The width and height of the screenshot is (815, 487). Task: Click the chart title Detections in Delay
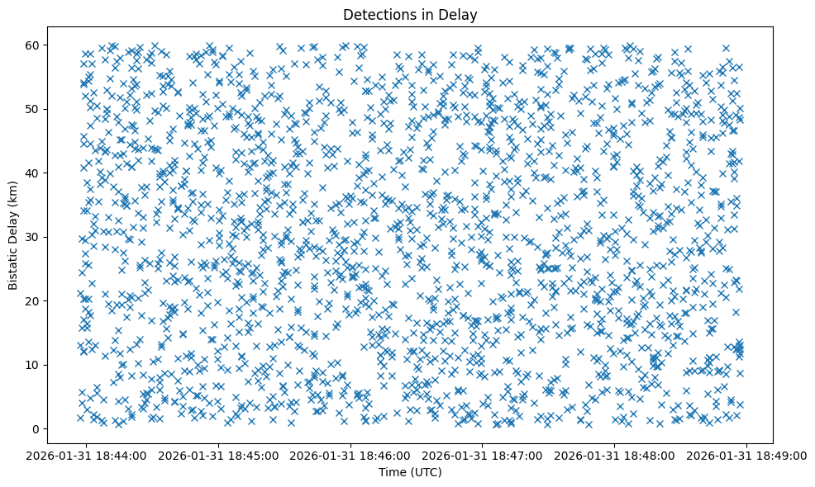click(x=410, y=14)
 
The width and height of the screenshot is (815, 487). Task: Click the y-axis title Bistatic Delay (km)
click(x=13, y=236)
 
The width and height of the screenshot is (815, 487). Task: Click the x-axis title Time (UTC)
click(x=410, y=472)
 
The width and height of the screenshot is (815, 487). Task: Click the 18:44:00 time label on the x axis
click(x=88, y=455)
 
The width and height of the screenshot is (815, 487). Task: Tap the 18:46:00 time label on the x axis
click(x=351, y=455)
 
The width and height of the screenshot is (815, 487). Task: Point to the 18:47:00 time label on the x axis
click(x=484, y=455)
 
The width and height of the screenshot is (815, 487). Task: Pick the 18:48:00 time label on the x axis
click(x=615, y=455)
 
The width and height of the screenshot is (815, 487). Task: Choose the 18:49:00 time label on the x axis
click(x=747, y=455)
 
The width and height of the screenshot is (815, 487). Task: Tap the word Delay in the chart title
click(x=461, y=14)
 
